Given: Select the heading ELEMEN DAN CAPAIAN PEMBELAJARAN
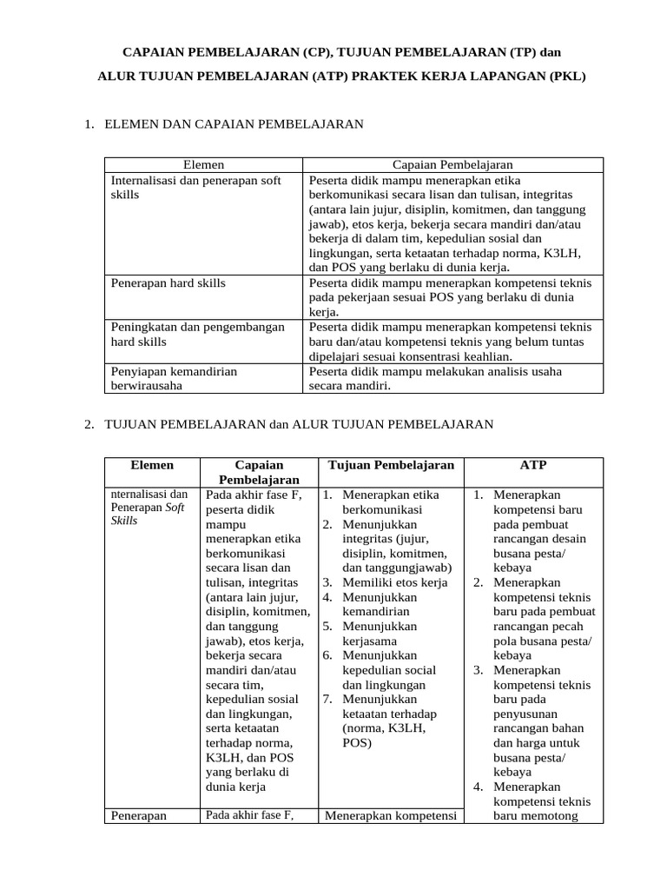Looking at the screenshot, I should point(234,125).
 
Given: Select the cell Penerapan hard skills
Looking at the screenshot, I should point(168,282).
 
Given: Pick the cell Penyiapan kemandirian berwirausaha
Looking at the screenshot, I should point(174,379).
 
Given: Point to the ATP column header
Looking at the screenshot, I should point(533,465).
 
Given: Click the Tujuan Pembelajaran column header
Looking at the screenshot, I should point(391,465).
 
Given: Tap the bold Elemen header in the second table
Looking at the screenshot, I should point(152,465).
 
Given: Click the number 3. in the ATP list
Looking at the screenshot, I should point(479,670).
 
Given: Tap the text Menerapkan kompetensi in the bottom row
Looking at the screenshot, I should point(390,816).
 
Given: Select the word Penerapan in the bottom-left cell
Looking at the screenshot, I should point(138,816).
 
